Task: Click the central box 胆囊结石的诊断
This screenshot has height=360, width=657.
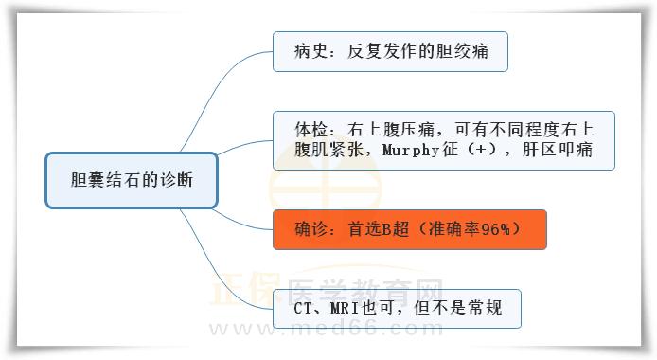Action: [132, 180]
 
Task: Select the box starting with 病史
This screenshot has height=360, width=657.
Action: [390, 51]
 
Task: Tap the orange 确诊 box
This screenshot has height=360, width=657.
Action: [409, 229]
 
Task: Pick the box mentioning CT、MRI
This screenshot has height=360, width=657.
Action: [396, 308]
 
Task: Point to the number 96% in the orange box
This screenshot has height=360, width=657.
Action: [492, 229]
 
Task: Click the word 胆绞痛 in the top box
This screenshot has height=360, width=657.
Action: [468, 51]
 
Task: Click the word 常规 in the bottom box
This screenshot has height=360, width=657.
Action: [494, 308]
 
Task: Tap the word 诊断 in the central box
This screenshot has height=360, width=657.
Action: [176, 180]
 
